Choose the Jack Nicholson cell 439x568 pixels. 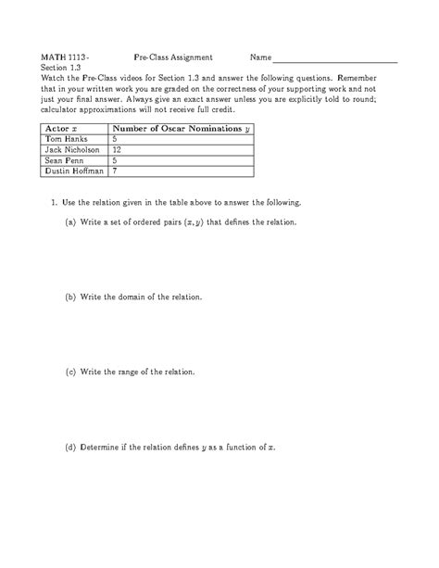point(68,148)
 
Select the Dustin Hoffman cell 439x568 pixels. point(71,170)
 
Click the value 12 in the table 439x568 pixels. point(117,148)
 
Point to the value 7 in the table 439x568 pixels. point(114,170)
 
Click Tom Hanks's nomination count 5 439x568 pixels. point(114,138)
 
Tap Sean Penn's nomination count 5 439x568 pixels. point(114,159)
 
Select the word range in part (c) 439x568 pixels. point(134,372)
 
